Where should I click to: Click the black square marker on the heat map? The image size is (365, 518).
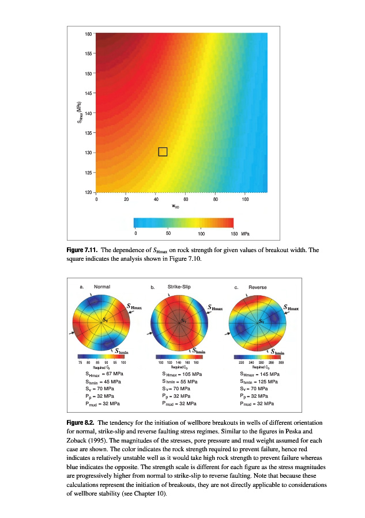point(163,151)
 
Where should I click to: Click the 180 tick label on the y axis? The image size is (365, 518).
point(88,33)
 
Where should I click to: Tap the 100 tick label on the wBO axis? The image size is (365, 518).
point(246,200)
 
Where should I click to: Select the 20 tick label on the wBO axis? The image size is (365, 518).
point(126,200)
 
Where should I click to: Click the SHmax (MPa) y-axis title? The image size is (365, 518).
point(80,112)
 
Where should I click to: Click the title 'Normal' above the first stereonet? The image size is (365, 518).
point(102,287)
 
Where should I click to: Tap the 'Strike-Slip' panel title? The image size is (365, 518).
point(180,286)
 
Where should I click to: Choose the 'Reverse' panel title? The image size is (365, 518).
point(258,287)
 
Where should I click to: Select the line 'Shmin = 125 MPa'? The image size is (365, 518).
point(259,382)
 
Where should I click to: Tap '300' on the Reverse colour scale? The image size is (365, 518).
point(281,362)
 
